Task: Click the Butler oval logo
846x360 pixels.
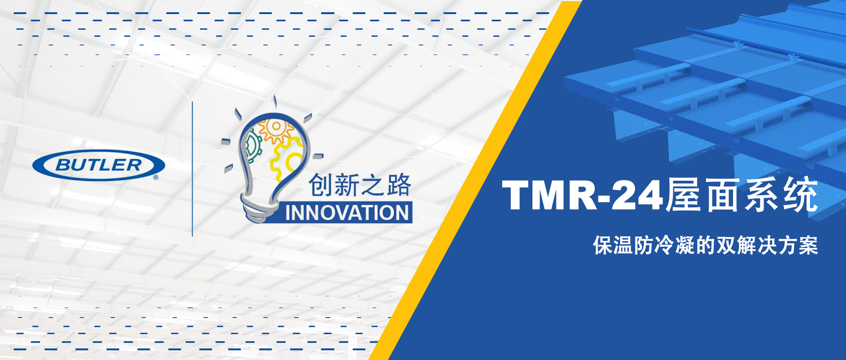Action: [x=99, y=165]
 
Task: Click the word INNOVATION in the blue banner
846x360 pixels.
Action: [x=347, y=213]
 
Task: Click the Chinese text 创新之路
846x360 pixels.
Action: [x=360, y=185]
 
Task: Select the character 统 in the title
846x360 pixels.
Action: [x=800, y=194]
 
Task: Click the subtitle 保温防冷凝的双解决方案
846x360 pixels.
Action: [x=706, y=246]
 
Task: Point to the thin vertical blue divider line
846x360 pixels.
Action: [x=192, y=169]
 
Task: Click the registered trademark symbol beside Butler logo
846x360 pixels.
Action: [x=156, y=177]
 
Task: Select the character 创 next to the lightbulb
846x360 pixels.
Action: [x=320, y=185]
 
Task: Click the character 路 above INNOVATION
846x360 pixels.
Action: [x=399, y=185]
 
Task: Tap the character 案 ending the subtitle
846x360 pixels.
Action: [x=808, y=246]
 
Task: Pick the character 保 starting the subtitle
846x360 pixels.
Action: [x=603, y=246]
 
